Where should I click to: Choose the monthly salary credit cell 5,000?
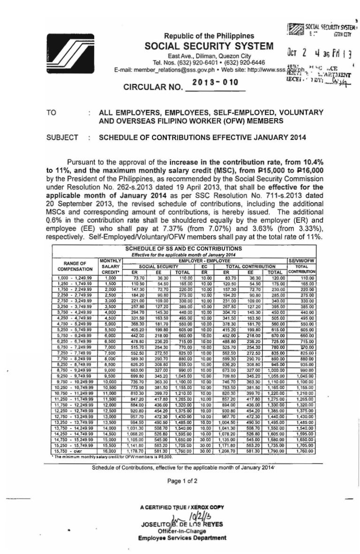tap(110, 323)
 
